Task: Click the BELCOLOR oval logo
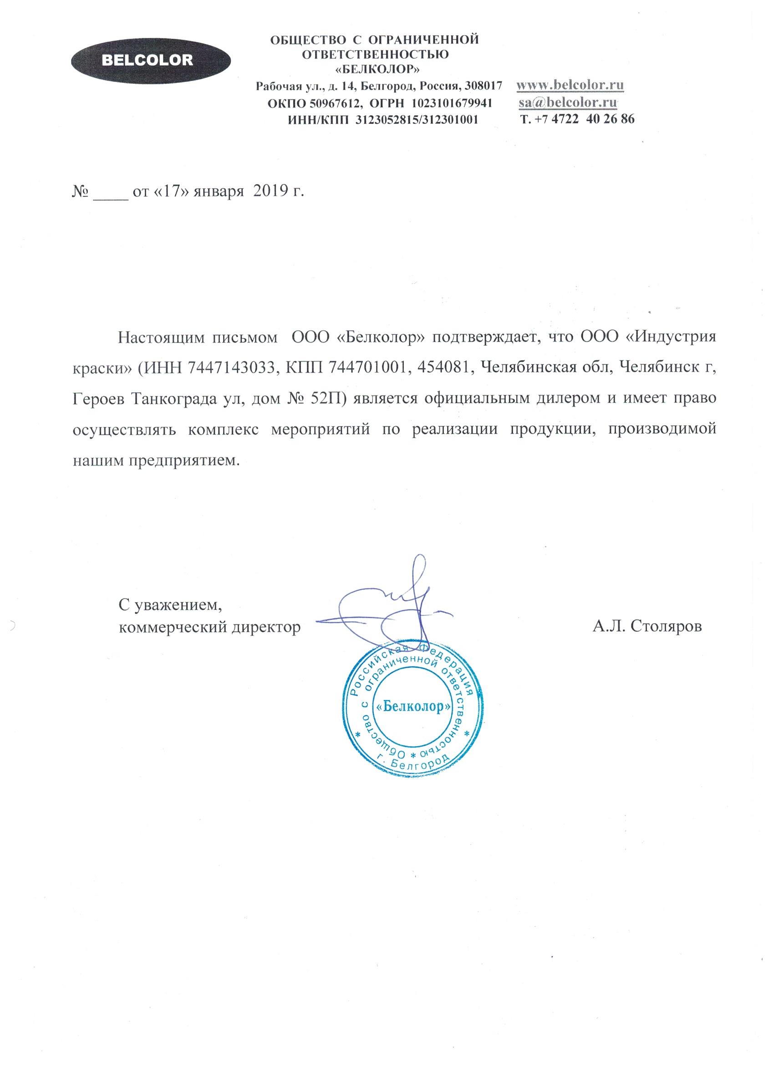click(151, 61)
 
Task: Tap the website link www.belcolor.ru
click(570, 86)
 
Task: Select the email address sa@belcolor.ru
click(568, 102)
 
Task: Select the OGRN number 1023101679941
click(452, 103)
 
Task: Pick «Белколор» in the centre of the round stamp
click(413, 707)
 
